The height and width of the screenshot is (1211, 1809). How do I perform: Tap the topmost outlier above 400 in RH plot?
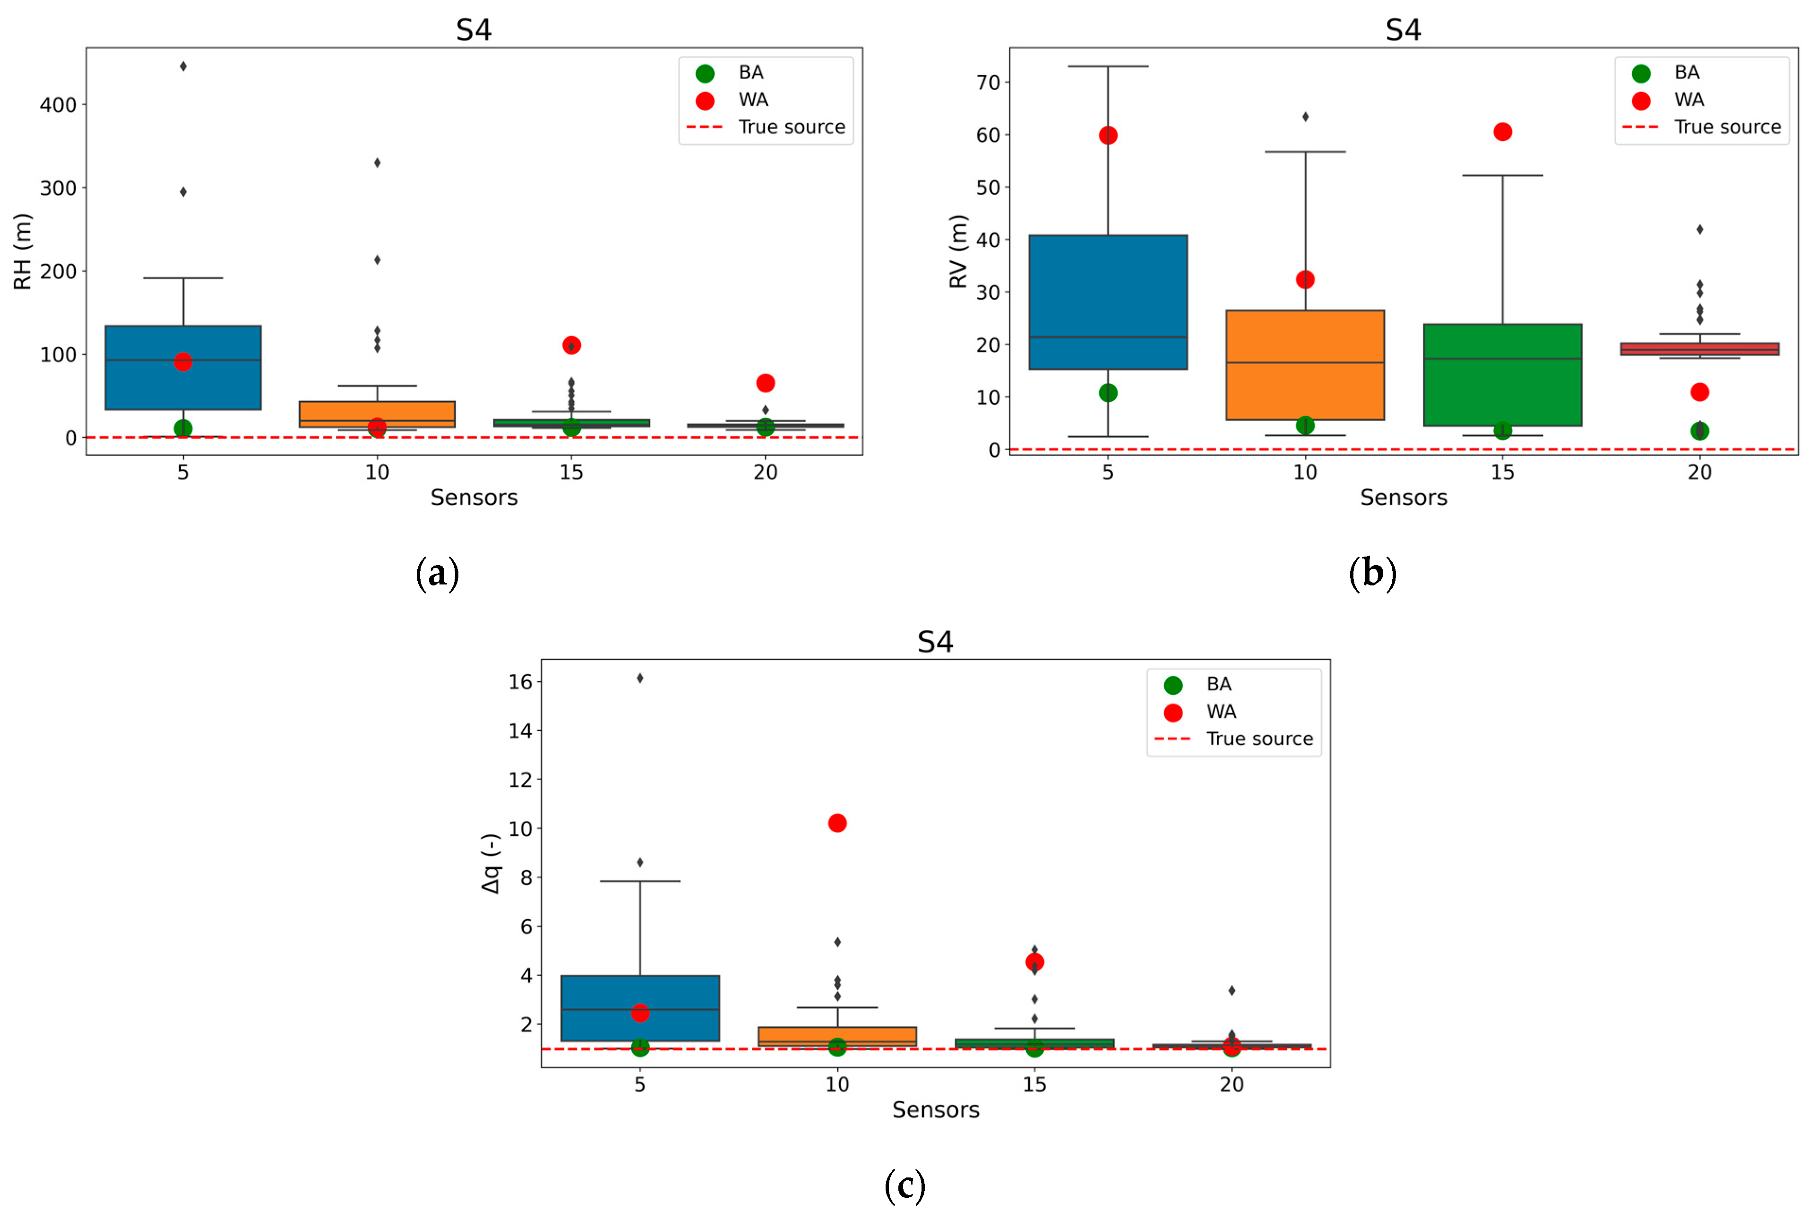point(183,67)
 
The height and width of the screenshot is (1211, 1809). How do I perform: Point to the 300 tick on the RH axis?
point(58,189)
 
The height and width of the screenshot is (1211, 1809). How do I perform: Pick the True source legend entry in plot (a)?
point(791,127)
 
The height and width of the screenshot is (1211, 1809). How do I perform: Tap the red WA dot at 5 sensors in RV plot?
point(1108,135)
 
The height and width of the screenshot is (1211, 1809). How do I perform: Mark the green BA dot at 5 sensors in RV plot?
point(1108,393)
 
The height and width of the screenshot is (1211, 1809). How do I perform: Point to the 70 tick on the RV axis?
point(988,83)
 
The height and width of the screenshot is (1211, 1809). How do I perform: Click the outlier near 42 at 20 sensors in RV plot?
point(1699,229)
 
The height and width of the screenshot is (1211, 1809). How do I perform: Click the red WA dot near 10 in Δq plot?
point(836,823)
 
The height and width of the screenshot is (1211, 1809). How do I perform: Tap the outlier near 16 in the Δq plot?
point(639,678)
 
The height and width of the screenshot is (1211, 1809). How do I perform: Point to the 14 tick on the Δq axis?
point(520,730)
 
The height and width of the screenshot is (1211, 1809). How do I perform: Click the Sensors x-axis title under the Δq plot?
point(935,1110)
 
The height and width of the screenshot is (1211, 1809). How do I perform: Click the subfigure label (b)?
point(1372,574)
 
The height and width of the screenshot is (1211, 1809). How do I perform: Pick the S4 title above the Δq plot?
point(935,642)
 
